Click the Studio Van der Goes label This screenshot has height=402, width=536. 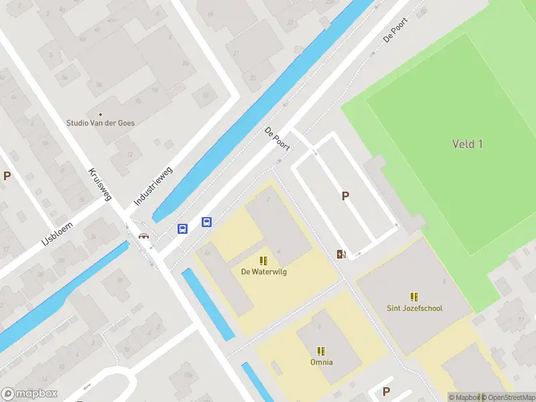100,123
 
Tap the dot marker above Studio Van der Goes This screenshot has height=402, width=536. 100,114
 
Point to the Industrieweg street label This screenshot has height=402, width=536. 153,186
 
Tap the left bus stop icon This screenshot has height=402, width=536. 182,228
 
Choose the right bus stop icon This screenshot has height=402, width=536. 207,222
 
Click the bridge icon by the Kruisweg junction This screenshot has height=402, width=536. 143,235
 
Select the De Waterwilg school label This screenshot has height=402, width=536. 263,271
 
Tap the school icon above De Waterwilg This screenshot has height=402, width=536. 263,261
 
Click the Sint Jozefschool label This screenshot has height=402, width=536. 414,308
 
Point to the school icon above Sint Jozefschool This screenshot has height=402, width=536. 414,297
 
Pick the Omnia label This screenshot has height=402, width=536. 322,362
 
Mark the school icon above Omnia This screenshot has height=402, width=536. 322,350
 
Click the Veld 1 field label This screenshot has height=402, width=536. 467,144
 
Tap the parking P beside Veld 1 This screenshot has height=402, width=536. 346,196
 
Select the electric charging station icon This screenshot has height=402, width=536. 341,254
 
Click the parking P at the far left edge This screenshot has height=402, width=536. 7,176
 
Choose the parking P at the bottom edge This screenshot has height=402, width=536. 386,391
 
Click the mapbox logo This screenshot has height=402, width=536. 29,394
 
